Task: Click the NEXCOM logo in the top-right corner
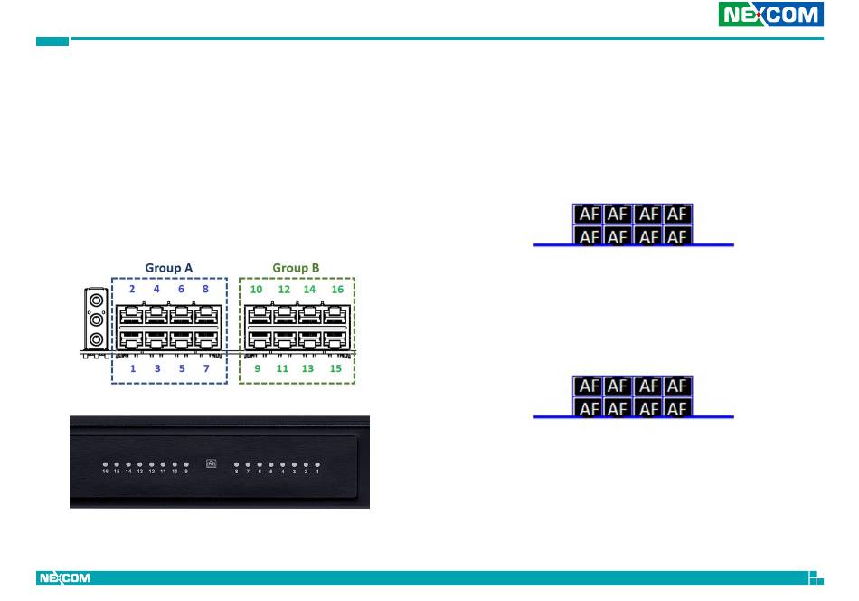coord(770,14)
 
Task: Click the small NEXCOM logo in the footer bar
coord(64,577)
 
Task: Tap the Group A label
coord(169,268)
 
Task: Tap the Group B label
coord(297,268)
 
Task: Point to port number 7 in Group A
coord(206,341)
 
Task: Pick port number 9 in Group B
coord(258,341)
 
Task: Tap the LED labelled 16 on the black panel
coord(106,464)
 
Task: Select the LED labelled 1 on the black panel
coord(317,464)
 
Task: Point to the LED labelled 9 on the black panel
coord(186,464)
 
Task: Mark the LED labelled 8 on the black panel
coord(237,464)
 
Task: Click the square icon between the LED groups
coord(212,464)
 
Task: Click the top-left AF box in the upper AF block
coord(589,215)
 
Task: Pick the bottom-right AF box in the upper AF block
coord(677,236)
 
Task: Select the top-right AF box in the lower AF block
coord(677,386)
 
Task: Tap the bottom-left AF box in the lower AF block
coord(589,408)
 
